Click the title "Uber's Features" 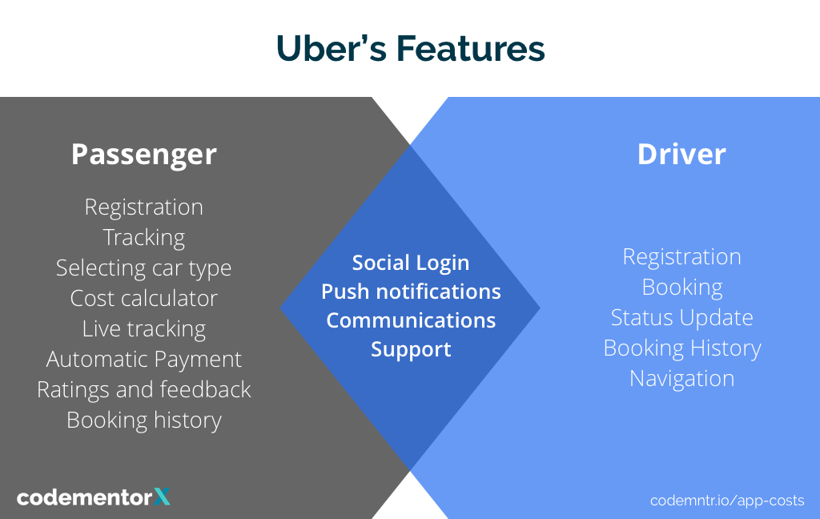point(410,49)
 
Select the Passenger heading point(143,154)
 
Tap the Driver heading point(681,154)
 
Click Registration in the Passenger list point(144,207)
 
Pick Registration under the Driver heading point(681,257)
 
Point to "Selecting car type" point(144,268)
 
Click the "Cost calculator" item point(144,298)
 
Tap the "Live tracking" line point(144,328)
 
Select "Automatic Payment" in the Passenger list point(144,359)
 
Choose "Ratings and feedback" point(144,389)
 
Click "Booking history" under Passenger point(144,420)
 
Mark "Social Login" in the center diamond point(411,263)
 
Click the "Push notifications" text point(411,292)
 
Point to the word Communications point(411,320)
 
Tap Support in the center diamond point(411,349)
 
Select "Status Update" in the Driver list point(681,317)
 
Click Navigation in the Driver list point(681,378)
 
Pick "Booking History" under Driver point(681,348)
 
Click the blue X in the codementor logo point(162,497)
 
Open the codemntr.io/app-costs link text point(727,500)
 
